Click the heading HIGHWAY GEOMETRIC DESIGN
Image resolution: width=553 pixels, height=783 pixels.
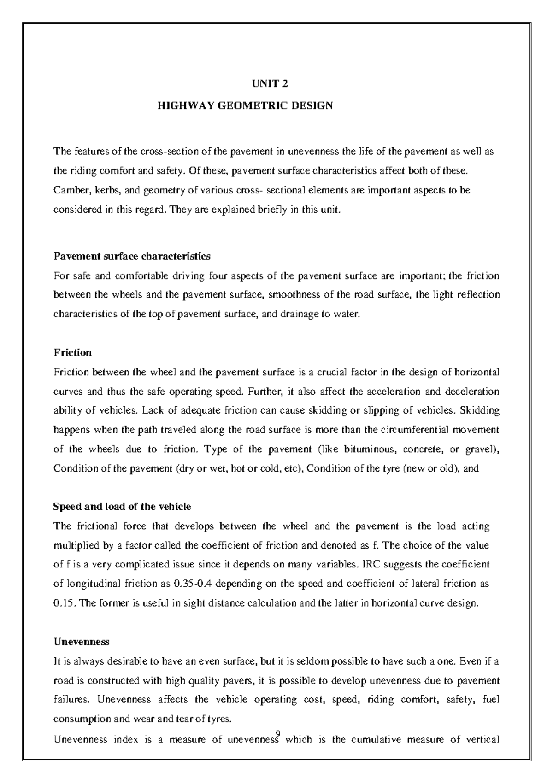245,106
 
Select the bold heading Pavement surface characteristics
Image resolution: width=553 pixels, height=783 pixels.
132,256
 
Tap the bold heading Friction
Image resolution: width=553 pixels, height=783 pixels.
72,353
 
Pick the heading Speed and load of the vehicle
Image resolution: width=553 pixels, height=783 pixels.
122,507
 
